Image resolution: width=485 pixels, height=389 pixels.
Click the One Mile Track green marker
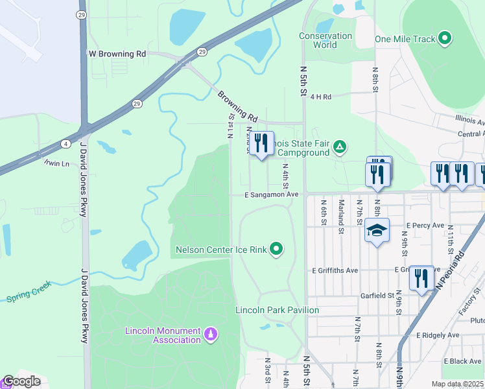[x=445, y=39]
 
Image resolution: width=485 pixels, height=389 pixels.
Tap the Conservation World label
[x=325, y=40]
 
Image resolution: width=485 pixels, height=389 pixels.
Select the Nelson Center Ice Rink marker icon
[x=277, y=249]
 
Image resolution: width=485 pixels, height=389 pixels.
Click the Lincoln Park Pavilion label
[x=277, y=310]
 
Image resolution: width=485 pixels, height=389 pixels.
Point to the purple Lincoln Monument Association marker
[x=210, y=335]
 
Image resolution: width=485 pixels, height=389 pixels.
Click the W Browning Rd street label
[x=117, y=54]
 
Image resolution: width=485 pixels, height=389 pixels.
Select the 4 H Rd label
[x=320, y=97]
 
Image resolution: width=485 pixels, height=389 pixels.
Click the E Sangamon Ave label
[x=271, y=194]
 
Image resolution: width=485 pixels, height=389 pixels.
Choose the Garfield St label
[x=377, y=295]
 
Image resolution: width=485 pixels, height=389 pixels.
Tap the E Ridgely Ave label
[x=437, y=335]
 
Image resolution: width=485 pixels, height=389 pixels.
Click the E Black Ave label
[x=462, y=360]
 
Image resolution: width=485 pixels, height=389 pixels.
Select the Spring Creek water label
[x=28, y=297]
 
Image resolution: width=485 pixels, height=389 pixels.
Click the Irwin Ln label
[x=56, y=163]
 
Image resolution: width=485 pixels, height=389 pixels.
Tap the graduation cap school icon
[x=377, y=231]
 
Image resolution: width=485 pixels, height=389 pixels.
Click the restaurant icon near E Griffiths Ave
[x=422, y=278]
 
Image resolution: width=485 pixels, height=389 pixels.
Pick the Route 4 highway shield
[x=66, y=143]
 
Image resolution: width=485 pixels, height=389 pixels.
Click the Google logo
[x=21, y=381]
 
